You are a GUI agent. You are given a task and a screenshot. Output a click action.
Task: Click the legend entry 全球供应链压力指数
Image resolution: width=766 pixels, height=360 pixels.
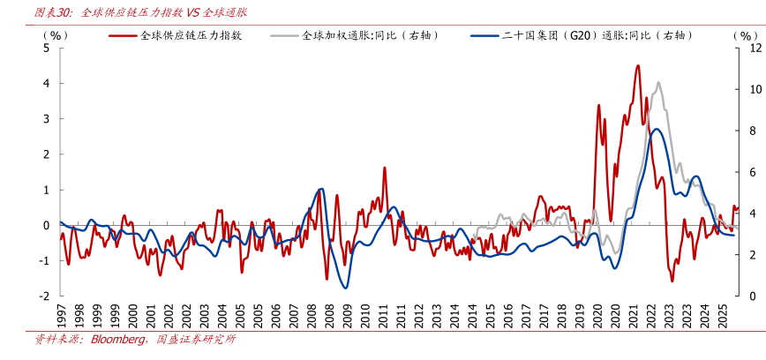pyautogui.click(x=191, y=35)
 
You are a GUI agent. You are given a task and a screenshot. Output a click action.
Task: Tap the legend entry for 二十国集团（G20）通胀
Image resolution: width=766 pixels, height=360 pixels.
pyautogui.click(x=591, y=35)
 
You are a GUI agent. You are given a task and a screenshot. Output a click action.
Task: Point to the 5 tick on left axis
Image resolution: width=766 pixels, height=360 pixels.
pyautogui.click(x=47, y=48)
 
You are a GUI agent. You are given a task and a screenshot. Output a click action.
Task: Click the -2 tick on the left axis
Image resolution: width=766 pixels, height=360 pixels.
pyautogui.click(x=45, y=296)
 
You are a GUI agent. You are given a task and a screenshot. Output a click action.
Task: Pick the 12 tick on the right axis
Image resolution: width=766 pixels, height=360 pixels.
pyautogui.click(x=755, y=48)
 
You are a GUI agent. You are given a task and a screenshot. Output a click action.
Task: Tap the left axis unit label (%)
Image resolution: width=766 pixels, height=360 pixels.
pyautogui.click(x=55, y=34)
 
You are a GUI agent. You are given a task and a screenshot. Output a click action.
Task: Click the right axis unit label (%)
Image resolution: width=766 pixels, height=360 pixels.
pyautogui.click(x=746, y=34)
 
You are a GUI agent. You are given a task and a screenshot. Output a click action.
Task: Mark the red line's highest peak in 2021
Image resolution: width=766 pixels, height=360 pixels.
pyautogui.click(x=637, y=65)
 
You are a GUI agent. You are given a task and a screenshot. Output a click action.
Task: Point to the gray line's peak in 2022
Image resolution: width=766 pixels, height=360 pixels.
pyautogui.click(x=657, y=83)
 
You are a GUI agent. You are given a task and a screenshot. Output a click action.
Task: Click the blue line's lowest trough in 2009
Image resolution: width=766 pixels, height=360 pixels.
pyautogui.click(x=345, y=288)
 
